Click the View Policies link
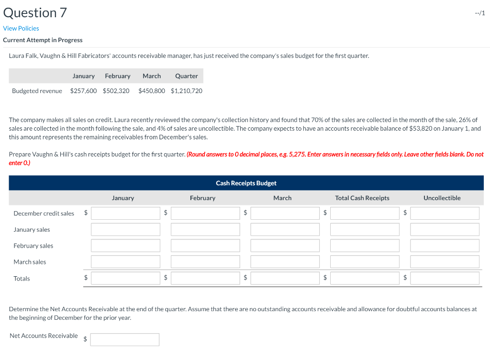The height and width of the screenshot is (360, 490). pos(21,28)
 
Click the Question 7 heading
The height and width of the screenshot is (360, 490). pos(35,12)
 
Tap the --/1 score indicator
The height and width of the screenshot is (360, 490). pos(480,13)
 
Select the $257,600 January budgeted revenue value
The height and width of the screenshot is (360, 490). pos(83,90)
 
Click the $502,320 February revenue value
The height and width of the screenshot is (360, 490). pos(116,90)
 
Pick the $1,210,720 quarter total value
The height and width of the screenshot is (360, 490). pos(186,90)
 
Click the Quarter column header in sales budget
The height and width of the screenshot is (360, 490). pos(186,76)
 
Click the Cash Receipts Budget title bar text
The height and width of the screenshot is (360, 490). pos(246,183)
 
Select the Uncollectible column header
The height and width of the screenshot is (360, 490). pos(442,198)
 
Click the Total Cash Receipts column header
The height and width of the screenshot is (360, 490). pos(362,198)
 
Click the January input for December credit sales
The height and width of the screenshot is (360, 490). pos(125,214)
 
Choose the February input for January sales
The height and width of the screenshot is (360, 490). pos(205,230)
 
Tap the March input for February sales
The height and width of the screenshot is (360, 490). pos(285,246)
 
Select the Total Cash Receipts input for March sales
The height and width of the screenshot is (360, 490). pos(365,262)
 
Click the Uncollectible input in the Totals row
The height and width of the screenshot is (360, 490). pos(445,278)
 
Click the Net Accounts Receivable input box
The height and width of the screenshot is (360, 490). pos(124,339)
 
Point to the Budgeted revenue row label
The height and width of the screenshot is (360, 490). pos(37,90)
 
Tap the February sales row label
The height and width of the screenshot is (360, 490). pos(33,246)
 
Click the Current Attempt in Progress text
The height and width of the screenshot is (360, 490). pos(43,40)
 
